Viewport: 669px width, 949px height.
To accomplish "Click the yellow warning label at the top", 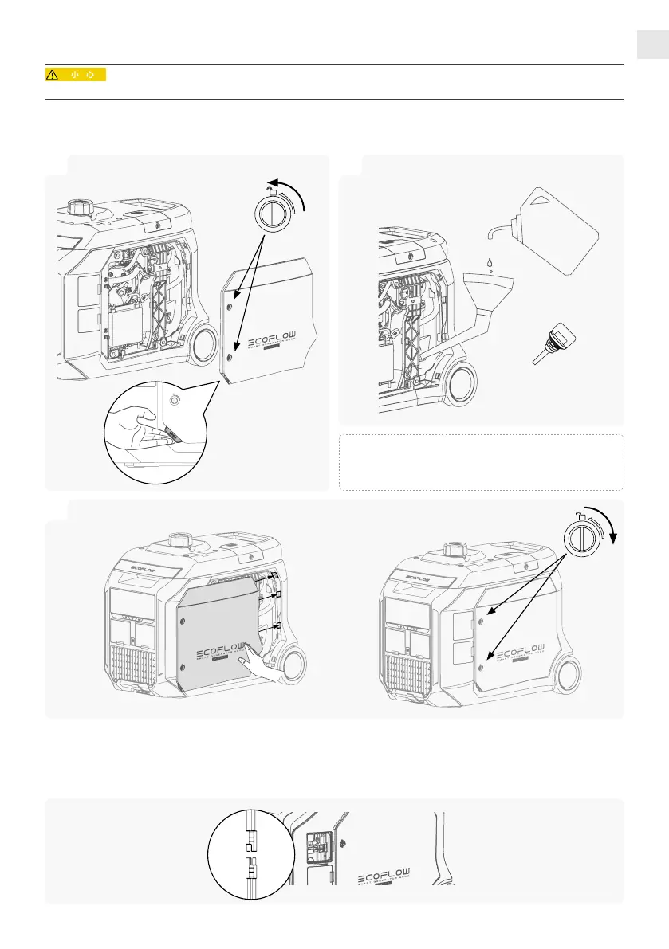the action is point(75,75).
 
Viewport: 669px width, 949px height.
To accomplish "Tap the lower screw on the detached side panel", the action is point(230,358).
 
